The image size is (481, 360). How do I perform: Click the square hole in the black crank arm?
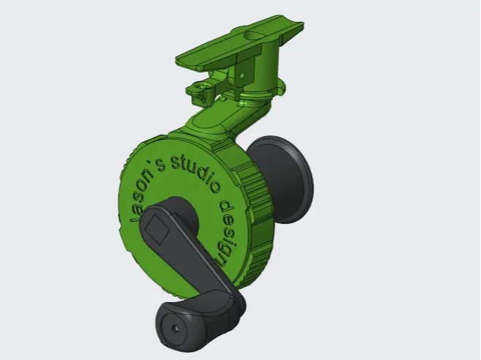(x=157, y=229)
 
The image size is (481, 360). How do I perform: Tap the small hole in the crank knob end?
(x=176, y=329)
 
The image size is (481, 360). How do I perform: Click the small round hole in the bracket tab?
(x=242, y=75)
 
